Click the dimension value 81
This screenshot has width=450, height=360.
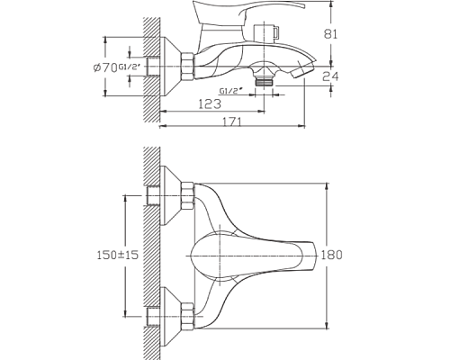coord(330,34)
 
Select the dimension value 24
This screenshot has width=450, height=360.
coord(330,76)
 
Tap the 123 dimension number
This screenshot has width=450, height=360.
coord(210,104)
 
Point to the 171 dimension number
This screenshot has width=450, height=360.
coord(232,121)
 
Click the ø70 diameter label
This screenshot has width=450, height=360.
coord(105,68)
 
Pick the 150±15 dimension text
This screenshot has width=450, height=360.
coord(118,255)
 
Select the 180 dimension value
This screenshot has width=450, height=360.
coord(331,255)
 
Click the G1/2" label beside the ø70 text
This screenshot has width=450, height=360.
coord(130,67)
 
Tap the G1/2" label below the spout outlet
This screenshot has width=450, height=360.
coord(230,91)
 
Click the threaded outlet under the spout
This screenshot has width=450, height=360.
coord(264,81)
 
